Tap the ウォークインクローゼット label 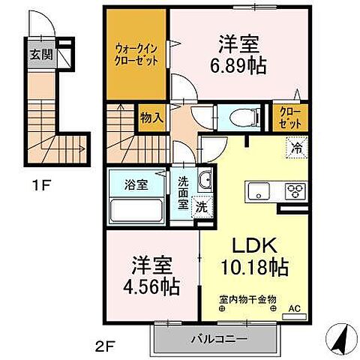136,53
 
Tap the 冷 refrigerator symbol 295,148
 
